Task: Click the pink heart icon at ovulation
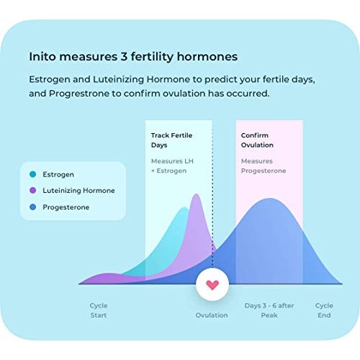tap(212, 285)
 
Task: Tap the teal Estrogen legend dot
tap(33, 174)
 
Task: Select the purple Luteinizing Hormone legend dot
tap(33, 190)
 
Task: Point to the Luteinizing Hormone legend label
tap(79, 190)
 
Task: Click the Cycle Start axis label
tap(99, 310)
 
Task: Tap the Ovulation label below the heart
tap(212, 315)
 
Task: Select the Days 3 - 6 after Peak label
tap(269, 310)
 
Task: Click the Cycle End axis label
tap(324, 310)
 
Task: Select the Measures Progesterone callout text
tap(264, 166)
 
